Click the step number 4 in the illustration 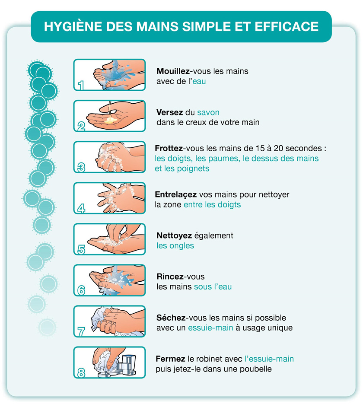coord(81,208)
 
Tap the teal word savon coord(208,112)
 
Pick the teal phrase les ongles coord(175,246)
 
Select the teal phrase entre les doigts coord(212,205)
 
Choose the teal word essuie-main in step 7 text coord(210,328)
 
